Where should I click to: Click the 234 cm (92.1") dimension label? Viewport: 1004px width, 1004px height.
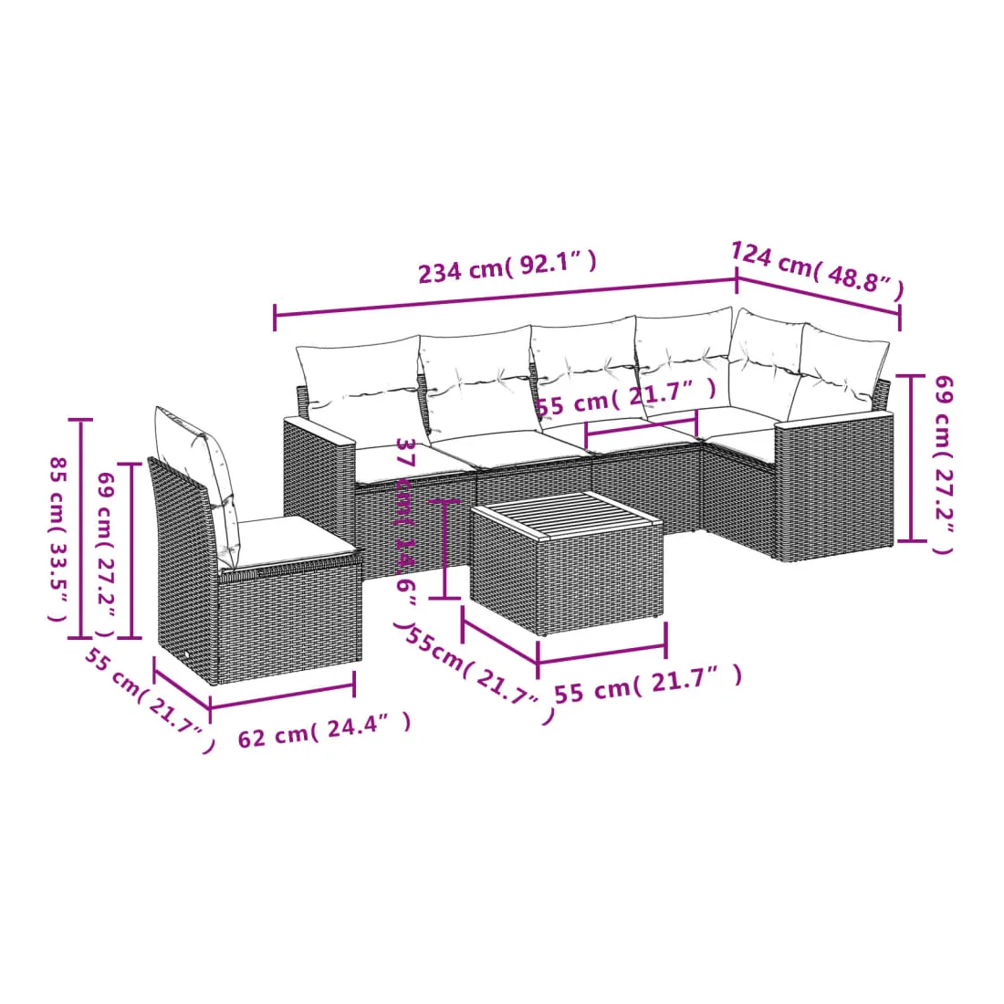507,267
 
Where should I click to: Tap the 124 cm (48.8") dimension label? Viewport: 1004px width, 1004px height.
818,269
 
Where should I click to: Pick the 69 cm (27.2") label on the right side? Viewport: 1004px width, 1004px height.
943,465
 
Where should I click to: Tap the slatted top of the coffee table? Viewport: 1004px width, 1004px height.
565,515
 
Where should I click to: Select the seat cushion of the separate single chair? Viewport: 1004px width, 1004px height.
286,540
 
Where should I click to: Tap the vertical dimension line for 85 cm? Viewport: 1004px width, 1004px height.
80,528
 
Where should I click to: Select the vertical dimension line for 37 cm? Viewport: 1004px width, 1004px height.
445,549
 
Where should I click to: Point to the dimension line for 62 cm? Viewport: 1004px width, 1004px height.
282,696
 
